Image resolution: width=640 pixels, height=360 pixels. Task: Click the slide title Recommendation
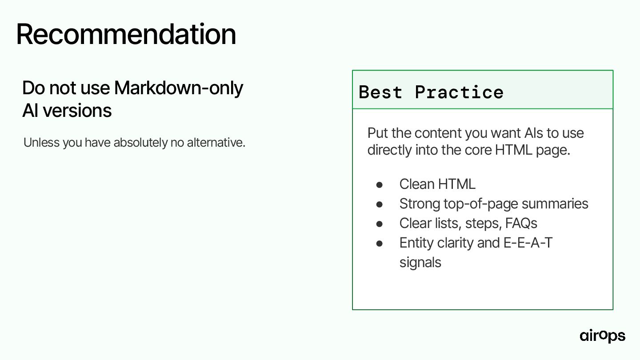point(126,34)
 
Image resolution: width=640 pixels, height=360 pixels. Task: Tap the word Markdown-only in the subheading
point(179,88)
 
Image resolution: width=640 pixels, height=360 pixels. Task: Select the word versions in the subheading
point(77,111)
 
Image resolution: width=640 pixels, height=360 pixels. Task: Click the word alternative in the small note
point(216,142)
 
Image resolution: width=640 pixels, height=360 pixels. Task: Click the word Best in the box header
point(380,92)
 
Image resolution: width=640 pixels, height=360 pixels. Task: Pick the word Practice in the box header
point(459,92)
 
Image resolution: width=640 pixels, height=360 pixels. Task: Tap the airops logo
point(602,336)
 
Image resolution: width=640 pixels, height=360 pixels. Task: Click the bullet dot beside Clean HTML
point(380,185)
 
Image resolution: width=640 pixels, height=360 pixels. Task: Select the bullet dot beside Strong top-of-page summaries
point(380,204)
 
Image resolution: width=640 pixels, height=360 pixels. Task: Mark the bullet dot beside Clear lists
point(380,224)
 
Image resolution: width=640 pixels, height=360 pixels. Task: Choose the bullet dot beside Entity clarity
point(380,244)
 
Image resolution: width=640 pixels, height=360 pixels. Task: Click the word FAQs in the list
point(521,223)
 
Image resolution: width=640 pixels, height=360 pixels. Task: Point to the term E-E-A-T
point(528,243)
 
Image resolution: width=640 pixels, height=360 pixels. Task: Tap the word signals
point(420,263)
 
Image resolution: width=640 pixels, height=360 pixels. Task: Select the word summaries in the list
point(555,204)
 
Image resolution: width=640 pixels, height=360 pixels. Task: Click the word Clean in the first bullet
point(417,184)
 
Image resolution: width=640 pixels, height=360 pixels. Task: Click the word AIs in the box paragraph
point(534,133)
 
